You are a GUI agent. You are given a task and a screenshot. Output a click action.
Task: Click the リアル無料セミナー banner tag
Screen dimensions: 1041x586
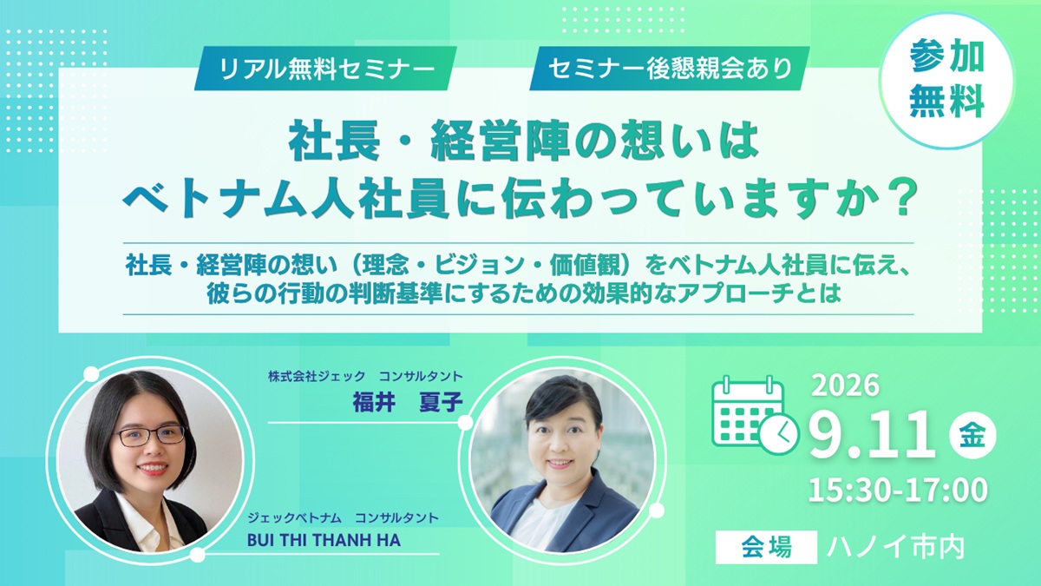(325, 69)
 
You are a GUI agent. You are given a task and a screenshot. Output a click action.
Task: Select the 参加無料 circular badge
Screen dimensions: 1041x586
(946, 81)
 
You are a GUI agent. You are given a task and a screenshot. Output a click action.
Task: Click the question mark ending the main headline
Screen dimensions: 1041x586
(902, 199)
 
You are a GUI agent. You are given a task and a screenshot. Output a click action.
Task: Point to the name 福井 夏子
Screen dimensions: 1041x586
(408, 402)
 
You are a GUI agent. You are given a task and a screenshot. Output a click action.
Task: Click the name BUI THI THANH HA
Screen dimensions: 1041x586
(324, 540)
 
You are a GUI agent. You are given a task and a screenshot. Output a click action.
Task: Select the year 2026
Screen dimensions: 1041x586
(846, 385)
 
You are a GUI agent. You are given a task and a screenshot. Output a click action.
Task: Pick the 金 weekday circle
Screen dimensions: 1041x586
(972, 436)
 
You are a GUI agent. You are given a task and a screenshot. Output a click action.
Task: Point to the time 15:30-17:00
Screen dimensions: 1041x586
(898, 490)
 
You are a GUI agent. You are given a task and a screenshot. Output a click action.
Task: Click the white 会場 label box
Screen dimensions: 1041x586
(766, 547)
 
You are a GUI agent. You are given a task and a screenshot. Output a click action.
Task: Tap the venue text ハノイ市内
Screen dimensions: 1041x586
(895, 548)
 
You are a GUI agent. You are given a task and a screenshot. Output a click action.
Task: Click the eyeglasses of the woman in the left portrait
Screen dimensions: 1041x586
(150, 435)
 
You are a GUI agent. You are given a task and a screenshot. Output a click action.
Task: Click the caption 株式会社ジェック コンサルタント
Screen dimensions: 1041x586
(365, 376)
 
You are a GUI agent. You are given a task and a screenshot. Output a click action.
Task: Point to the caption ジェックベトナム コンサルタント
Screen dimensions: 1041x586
(343, 517)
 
